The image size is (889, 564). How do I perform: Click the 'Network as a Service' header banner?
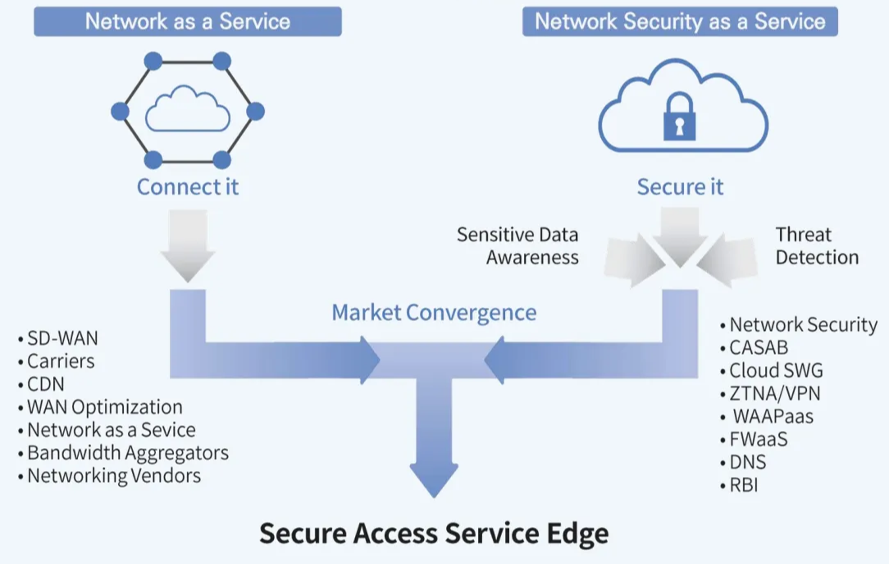point(187,21)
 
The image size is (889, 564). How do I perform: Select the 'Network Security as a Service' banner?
point(680,21)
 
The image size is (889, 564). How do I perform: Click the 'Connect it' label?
point(188,186)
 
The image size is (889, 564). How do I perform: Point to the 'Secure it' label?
point(680,186)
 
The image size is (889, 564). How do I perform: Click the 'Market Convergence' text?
point(434,312)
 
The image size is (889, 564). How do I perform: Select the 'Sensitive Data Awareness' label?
point(517,245)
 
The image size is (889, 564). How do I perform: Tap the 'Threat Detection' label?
point(817,245)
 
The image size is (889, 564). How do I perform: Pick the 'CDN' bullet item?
point(46,383)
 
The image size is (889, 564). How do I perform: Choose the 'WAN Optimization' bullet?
point(104,406)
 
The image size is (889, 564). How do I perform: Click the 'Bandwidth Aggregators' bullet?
point(127,452)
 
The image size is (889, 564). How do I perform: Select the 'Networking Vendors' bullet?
point(113,475)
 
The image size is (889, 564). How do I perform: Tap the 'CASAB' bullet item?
point(759,347)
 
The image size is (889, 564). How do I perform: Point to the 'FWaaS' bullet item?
point(758,439)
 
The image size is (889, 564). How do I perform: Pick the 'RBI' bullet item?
point(744,485)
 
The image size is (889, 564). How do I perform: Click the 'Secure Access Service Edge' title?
point(434,534)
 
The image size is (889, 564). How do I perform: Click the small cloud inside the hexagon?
point(187,112)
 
